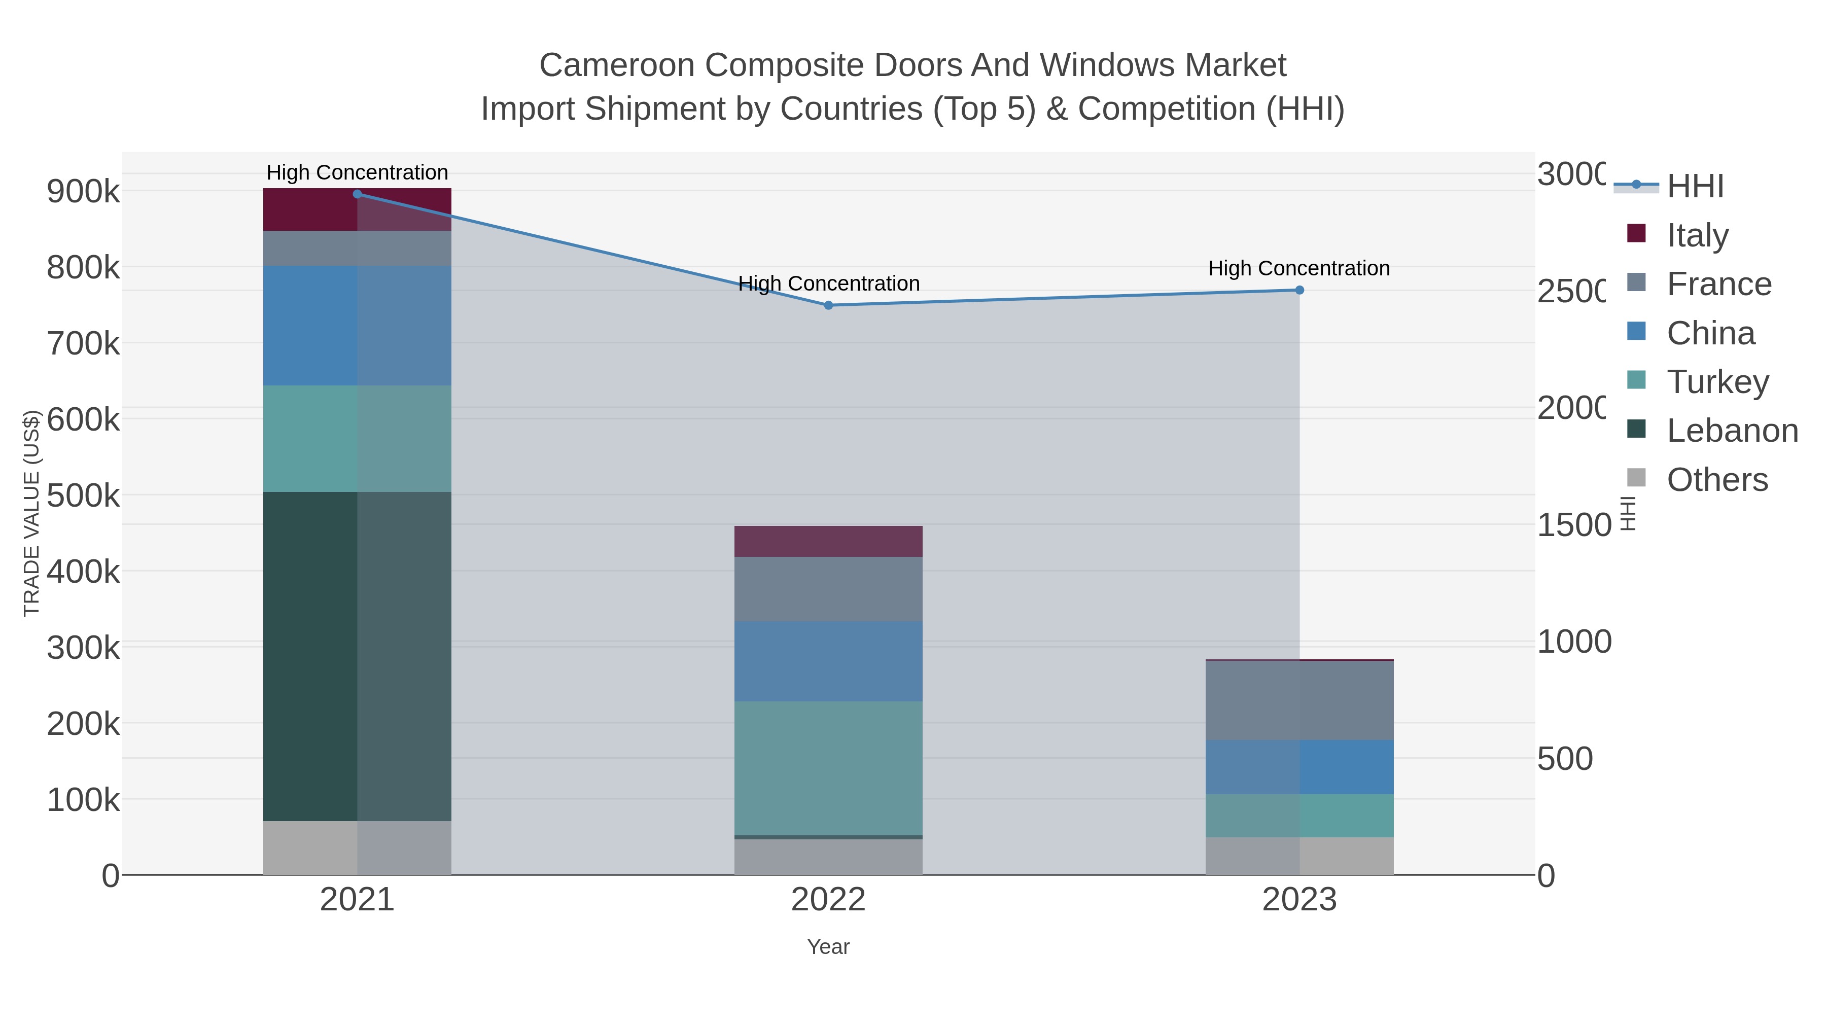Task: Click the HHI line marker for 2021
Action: tap(357, 194)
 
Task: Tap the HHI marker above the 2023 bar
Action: tap(1300, 290)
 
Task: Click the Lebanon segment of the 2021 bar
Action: tap(357, 656)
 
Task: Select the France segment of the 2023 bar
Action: tap(1300, 700)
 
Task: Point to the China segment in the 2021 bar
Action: tap(357, 326)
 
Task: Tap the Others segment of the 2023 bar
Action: tap(1300, 856)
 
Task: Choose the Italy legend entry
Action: tap(1697, 235)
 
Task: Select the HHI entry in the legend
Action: tap(1694, 187)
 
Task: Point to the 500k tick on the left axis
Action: tap(83, 496)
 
